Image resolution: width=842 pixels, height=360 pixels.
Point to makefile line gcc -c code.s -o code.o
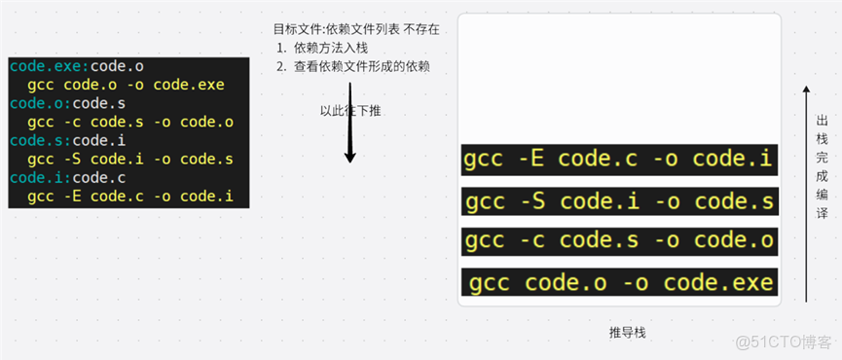tap(130, 122)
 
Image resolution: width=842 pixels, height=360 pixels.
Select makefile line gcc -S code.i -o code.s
tap(130, 159)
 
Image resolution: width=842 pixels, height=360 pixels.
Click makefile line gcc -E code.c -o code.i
tap(130, 197)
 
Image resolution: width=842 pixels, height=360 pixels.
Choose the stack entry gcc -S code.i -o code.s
tap(620, 201)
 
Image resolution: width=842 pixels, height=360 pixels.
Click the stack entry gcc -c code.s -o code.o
tap(619, 241)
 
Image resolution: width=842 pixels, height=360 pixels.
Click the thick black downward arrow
tap(350, 123)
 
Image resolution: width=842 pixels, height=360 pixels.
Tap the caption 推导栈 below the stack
tap(627, 333)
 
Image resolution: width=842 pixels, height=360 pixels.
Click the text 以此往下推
tap(350, 110)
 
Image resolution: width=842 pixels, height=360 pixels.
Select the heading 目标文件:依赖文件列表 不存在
tap(356, 29)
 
